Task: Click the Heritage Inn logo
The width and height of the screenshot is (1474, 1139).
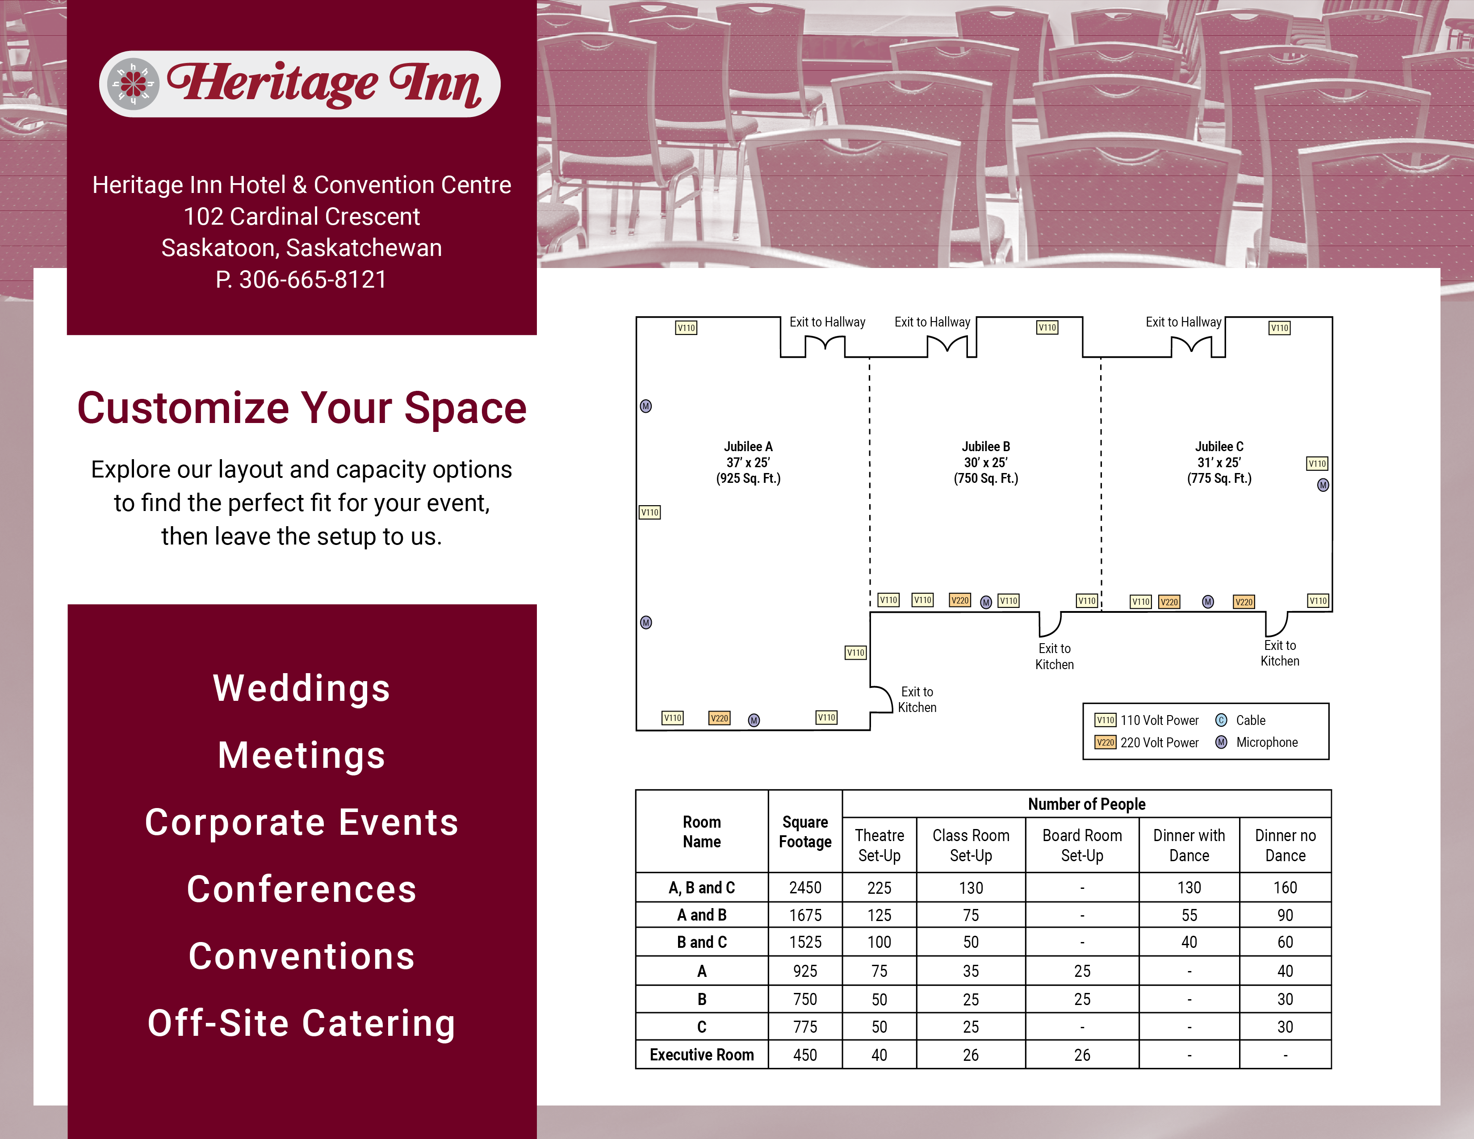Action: pos(300,84)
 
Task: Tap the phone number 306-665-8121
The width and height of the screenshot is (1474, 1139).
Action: pos(313,279)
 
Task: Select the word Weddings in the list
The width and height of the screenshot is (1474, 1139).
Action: pos(301,688)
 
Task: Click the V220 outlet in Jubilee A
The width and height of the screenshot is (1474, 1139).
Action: pos(720,718)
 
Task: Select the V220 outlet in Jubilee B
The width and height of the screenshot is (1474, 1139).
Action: pos(960,600)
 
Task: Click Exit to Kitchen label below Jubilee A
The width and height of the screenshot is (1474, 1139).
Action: pos(917,700)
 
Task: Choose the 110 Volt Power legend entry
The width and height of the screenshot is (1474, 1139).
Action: pos(1147,720)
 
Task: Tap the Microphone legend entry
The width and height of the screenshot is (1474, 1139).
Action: pos(1256,742)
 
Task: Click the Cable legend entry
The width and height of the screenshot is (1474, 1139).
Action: pos(1240,720)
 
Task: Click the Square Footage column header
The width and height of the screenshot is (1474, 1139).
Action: pos(805,832)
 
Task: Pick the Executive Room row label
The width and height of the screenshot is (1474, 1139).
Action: pos(702,1055)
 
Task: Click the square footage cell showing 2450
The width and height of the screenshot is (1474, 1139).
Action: pos(805,888)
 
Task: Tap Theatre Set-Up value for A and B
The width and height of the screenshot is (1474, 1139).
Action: pos(879,915)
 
